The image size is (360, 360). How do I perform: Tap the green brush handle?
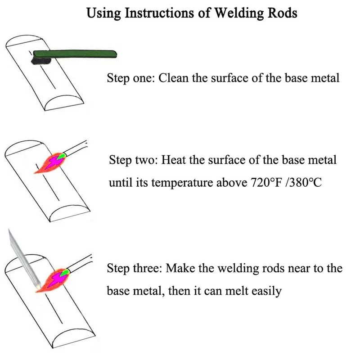(x=76, y=54)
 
